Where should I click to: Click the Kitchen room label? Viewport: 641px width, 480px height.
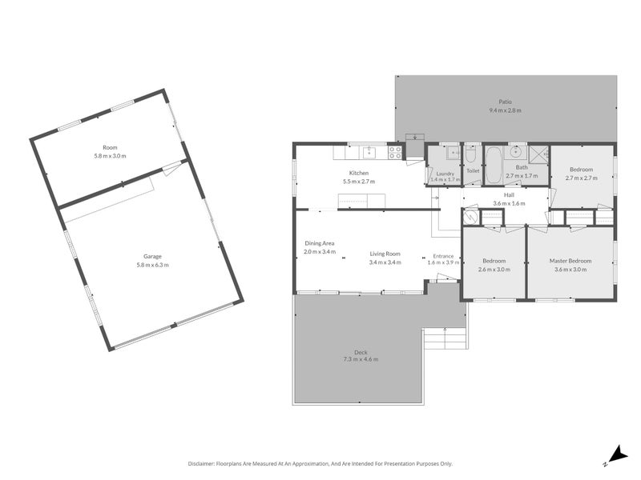[358, 174]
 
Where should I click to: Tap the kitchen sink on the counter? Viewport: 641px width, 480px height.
[369, 151]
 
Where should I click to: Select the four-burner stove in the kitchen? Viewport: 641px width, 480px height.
[395, 151]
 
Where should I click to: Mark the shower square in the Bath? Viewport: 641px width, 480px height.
[538, 153]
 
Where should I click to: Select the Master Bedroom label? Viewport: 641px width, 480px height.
[570, 261]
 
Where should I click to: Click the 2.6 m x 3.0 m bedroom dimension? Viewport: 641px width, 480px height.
[494, 269]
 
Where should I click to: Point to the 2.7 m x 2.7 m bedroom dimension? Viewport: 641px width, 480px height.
[581, 178]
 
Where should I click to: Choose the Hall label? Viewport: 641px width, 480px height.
[509, 194]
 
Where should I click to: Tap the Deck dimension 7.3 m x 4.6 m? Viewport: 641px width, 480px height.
[361, 359]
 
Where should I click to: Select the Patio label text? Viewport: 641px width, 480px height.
[505, 102]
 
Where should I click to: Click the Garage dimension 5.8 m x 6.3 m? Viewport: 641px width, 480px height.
[152, 265]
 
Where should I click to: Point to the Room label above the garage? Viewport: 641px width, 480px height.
[110, 147]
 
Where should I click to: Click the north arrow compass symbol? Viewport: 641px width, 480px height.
[615, 454]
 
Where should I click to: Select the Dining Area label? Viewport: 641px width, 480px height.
[319, 243]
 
